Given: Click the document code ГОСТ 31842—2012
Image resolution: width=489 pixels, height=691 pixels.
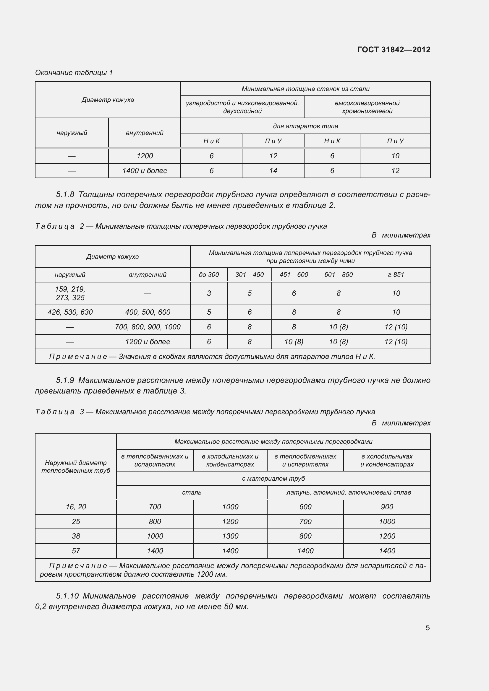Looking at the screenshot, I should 394,50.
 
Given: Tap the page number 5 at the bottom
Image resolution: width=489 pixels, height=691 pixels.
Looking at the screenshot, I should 428,627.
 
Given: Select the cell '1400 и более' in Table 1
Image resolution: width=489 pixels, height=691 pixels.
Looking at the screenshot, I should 145,171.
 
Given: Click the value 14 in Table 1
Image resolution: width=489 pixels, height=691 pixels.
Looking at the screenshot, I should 273,171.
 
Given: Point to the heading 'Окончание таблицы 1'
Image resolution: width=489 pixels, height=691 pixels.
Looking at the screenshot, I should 74,73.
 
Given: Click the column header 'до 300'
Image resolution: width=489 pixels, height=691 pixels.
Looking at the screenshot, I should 209,274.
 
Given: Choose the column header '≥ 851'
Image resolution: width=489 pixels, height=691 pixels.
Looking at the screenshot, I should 396,274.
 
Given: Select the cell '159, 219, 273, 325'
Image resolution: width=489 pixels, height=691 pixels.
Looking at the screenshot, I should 70,293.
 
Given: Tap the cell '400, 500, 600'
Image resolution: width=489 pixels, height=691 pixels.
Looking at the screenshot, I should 148,312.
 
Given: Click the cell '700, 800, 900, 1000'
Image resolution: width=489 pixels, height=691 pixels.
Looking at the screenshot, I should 148,327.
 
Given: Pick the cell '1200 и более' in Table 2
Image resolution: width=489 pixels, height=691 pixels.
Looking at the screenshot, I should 148,342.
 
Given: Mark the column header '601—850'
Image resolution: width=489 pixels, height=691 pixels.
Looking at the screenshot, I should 339,274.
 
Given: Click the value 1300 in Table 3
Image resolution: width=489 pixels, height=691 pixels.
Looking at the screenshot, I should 230,536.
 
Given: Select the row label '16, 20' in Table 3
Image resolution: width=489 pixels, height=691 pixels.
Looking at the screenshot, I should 76,507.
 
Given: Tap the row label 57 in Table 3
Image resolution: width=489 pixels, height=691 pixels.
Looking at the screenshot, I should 76,551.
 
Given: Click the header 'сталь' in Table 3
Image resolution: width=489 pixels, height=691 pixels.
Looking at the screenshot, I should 192,492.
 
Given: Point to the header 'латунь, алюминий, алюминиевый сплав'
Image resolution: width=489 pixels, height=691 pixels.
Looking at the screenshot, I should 348,492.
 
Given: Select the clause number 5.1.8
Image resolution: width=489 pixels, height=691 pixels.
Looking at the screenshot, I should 65,194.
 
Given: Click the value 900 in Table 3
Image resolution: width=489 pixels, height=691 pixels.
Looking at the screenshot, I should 387,507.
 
